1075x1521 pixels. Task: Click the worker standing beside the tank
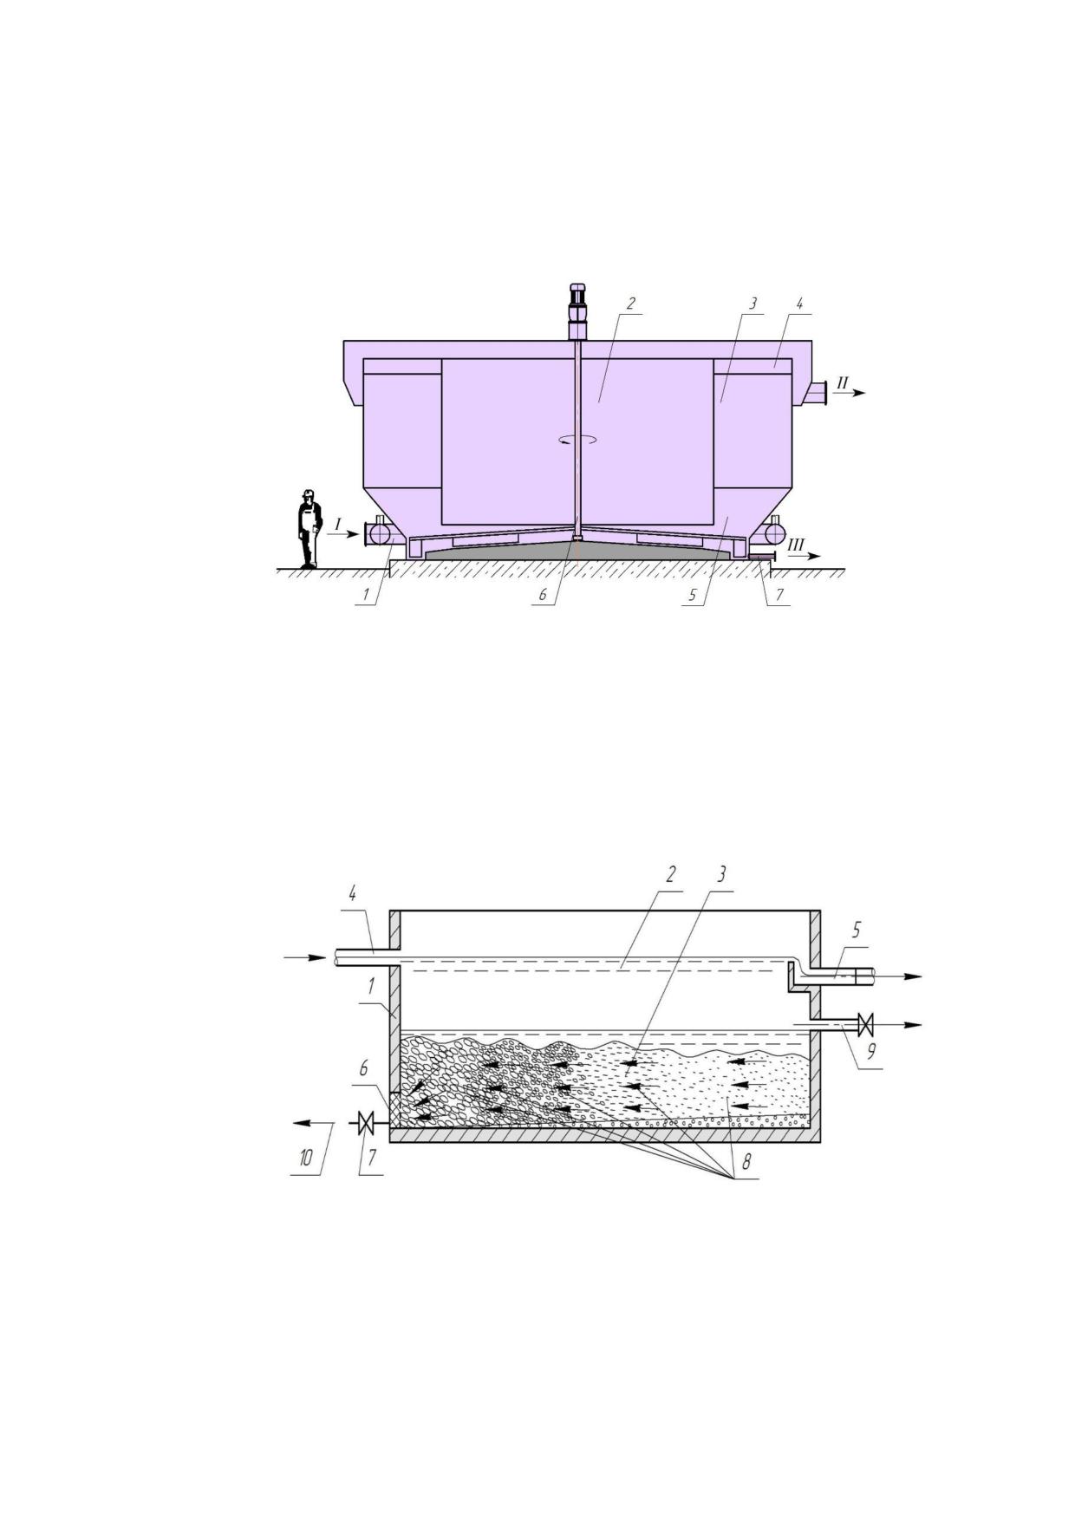(308, 529)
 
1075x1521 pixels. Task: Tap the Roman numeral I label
(339, 524)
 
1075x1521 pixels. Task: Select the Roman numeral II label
(842, 382)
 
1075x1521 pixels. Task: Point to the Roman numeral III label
(796, 545)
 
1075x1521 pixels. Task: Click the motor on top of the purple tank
(577, 310)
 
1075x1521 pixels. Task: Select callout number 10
(306, 1158)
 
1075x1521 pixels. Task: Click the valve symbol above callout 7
(366, 1124)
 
